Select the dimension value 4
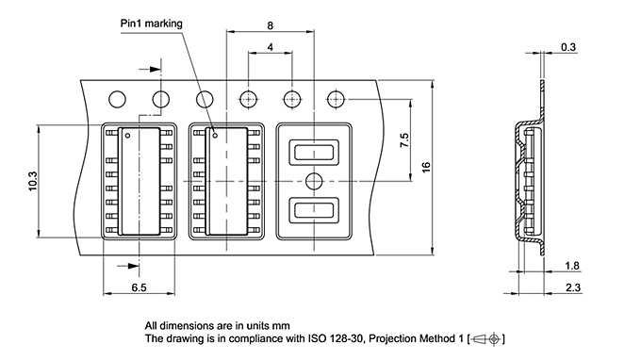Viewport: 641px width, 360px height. click(x=271, y=46)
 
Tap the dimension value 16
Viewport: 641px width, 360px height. click(x=426, y=166)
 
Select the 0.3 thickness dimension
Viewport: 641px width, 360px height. click(x=569, y=46)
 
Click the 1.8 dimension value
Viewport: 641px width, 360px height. click(x=571, y=267)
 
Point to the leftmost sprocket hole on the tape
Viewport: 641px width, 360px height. click(x=118, y=98)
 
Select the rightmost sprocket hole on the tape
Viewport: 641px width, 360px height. click(x=336, y=98)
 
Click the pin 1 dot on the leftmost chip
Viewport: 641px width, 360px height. click(x=126, y=135)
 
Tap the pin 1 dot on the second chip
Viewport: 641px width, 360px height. click(x=215, y=135)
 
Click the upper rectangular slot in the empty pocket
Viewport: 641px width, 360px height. click(x=313, y=152)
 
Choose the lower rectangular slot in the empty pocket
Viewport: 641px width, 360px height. click(x=313, y=210)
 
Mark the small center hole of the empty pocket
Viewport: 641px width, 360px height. click(x=313, y=181)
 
